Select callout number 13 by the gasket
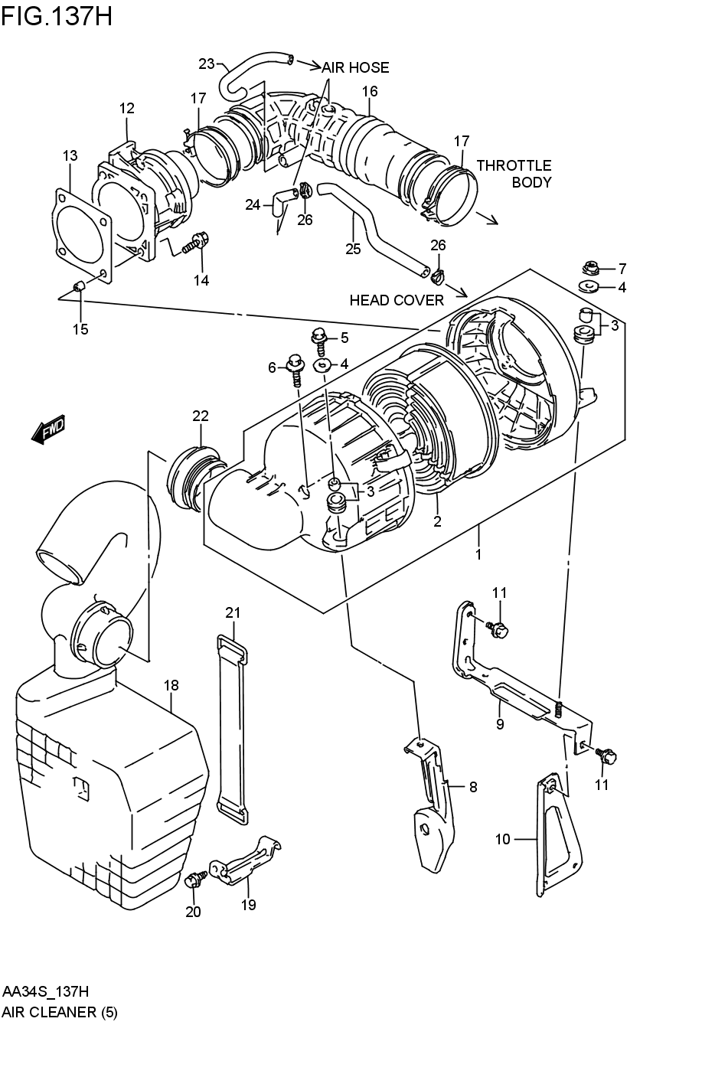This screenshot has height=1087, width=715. pyautogui.click(x=70, y=156)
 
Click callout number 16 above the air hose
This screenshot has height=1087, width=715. pyautogui.click(x=370, y=92)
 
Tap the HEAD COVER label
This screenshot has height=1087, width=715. pyautogui.click(x=397, y=300)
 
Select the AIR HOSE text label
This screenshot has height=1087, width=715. pyautogui.click(x=355, y=67)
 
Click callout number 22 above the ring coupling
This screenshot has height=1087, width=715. pyautogui.click(x=201, y=416)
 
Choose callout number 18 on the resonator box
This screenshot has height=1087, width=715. pyautogui.click(x=171, y=685)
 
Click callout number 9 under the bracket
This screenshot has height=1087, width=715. pyautogui.click(x=500, y=723)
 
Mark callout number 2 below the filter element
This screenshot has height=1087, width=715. pyautogui.click(x=437, y=522)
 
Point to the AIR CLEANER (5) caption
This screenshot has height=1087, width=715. pyautogui.click(x=60, y=1012)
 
